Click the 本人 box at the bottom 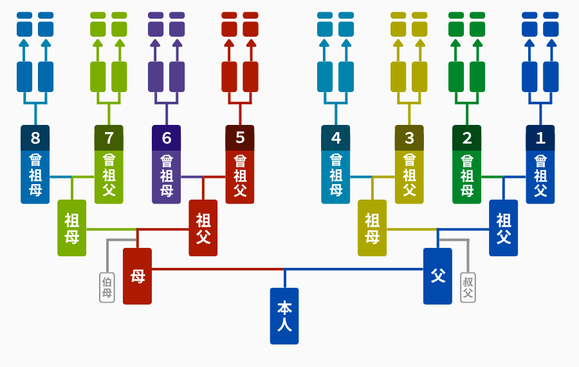(284, 316)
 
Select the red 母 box (138, 276)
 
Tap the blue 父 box (437, 276)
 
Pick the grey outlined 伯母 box (107, 288)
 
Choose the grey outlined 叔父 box (468, 288)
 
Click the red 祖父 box (203, 228)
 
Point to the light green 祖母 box (72, 228)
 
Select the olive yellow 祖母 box (372, 228)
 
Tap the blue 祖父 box (503, 228)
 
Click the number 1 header (540, 138)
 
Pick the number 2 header (467, 138)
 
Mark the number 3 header (409, 138)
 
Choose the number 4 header (336, 138)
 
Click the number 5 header (240, 138)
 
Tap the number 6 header (167, 138)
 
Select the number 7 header (109, 138)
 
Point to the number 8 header (35, 138)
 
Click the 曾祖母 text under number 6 (167, 176)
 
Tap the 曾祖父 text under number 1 (540, 176)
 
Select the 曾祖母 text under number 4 (336, 176)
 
